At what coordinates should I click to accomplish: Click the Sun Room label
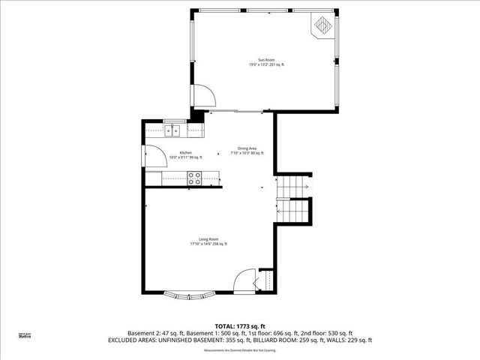coord(267,60)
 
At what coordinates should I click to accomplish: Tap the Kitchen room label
coord(175,152)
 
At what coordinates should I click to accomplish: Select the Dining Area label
coord(248,148)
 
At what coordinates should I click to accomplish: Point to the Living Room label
coord(208,239)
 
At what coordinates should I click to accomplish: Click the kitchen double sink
coord(174,130)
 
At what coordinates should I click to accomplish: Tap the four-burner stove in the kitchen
coord(194,178)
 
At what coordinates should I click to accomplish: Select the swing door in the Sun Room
coord(202,96)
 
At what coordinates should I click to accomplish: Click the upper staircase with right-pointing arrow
coord(293,185)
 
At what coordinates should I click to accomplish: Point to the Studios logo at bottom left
coord(25,336)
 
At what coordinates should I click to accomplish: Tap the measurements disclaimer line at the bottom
coord(239,349)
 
